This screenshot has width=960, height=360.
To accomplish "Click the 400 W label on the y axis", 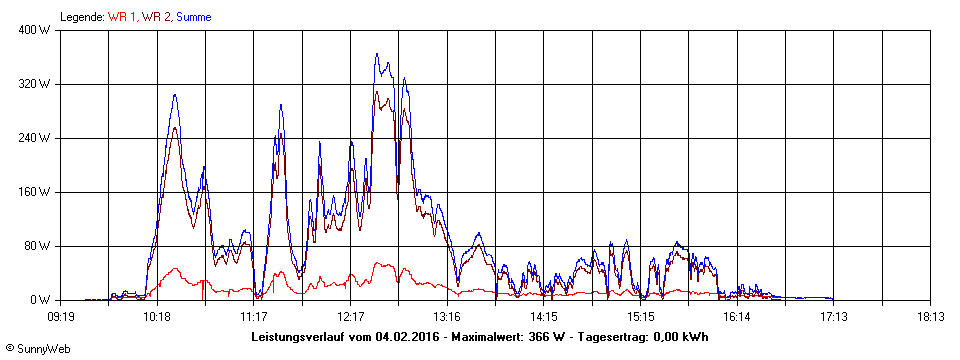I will tap(35, 30).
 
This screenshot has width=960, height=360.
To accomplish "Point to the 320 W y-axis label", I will tap(35, 84).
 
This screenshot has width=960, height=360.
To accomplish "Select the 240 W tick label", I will tap(35, 138).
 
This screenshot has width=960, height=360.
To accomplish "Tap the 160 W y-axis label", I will tap(35, 192).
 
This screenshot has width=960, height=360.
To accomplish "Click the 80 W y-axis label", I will tap(38, 246).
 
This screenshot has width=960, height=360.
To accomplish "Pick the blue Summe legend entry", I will tap(194, 17).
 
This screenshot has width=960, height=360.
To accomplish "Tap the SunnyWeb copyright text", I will tap(37, 348).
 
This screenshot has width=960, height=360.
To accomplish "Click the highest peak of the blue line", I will tap(377, 54).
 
